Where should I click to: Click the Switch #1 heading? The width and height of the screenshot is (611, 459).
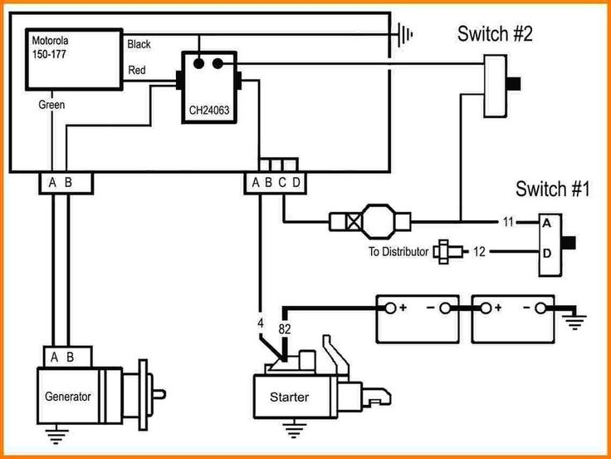click(552, 189)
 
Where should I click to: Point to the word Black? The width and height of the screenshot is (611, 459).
click(139, 44)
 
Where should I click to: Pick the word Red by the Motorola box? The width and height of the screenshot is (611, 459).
click(138, 71)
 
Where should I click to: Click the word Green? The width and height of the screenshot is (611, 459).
click(51, 106)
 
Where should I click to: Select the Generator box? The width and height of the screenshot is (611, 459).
click(68, 397)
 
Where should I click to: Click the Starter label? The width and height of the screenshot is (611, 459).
click(289, 397)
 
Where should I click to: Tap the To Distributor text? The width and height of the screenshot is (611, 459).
click(399, 251)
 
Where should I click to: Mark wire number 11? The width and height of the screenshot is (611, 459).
click(508, 223)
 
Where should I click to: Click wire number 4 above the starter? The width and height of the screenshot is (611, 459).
click(260, 322)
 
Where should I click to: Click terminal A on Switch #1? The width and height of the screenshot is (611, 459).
click(547, 224)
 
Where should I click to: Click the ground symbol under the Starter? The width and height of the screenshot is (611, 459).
click(291, 431)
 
